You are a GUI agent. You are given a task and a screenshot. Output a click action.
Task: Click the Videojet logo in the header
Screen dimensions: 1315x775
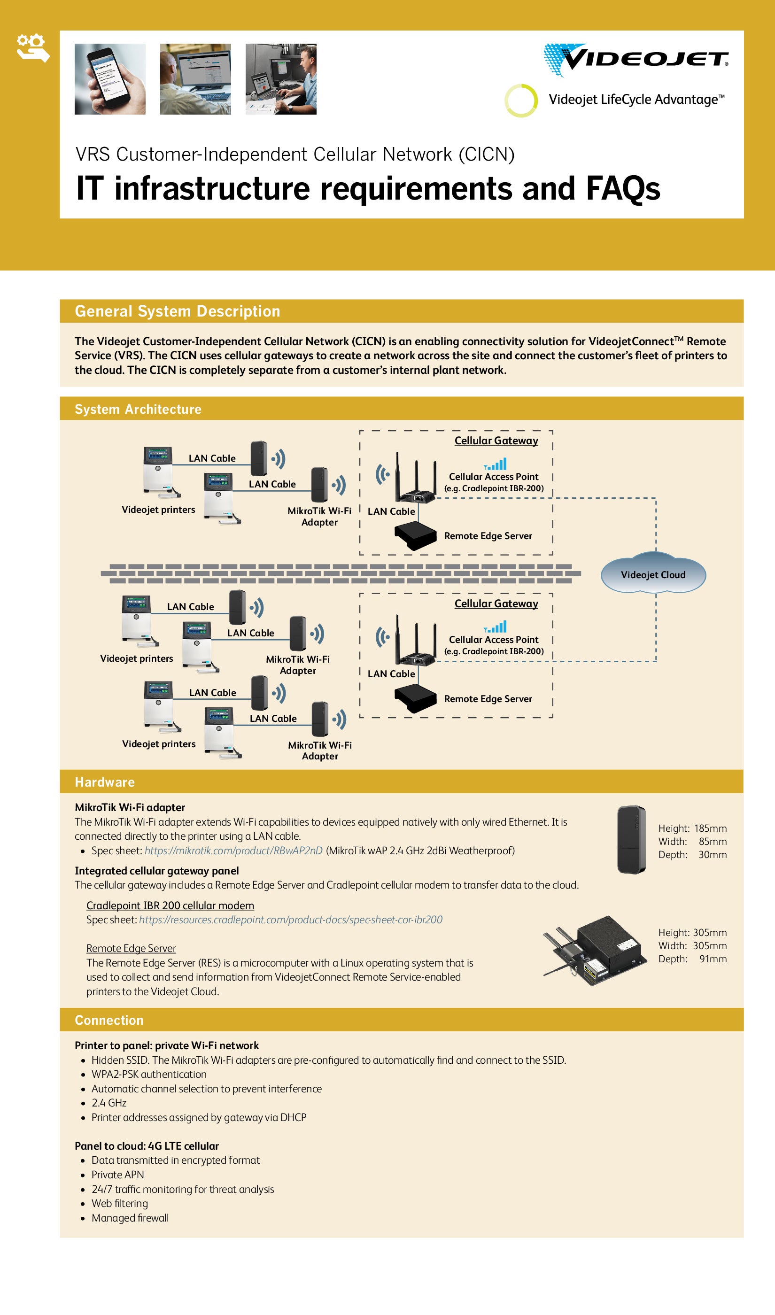635,60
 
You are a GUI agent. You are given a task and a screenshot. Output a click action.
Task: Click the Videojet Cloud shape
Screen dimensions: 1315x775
653,574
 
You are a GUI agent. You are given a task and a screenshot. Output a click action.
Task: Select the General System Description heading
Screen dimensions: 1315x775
178,311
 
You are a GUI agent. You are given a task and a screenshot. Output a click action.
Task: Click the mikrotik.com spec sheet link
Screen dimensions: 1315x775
233,851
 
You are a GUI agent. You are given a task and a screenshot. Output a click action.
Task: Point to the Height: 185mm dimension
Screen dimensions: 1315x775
692,828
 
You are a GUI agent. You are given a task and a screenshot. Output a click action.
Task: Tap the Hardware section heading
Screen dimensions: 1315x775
104,781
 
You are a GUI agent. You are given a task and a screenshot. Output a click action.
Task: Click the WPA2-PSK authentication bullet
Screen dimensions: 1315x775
149,1074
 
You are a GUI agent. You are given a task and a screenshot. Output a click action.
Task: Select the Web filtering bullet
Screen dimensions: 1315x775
120,1203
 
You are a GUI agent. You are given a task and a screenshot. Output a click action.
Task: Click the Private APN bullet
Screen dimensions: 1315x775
117,1174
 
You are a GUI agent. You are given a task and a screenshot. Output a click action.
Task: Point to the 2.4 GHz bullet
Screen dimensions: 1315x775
108,1103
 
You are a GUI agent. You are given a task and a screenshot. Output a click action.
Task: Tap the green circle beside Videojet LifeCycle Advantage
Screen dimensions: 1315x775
521,100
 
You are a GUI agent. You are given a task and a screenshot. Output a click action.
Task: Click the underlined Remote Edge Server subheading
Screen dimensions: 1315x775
131,948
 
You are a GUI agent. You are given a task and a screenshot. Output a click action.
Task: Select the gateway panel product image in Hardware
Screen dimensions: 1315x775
596,950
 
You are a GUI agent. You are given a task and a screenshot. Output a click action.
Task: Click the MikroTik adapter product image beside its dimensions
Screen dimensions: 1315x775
631,839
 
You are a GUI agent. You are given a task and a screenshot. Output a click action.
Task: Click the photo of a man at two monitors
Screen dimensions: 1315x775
281,79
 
